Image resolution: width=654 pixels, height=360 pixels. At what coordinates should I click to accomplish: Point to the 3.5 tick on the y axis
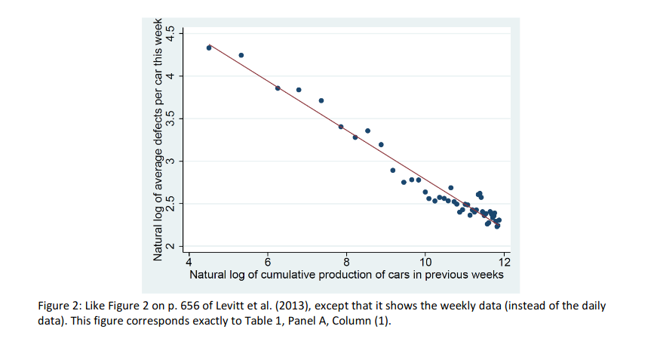pos(170,118)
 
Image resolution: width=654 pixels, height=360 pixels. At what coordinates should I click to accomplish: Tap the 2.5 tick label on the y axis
pos(170,204)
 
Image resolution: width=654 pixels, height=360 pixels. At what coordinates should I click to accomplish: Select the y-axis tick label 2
pos(170,246)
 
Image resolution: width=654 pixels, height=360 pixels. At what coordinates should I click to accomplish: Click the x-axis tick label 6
pos(268,262)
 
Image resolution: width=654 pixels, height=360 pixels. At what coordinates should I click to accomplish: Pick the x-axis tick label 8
pos(346,262)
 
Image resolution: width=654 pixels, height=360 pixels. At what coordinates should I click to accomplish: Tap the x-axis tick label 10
pos(425,262)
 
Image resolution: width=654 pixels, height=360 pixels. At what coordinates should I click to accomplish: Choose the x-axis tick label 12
pos(505,262)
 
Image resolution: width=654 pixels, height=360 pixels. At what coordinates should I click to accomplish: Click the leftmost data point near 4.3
pos(209,48)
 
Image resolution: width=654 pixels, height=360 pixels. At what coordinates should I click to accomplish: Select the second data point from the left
pos(241,55)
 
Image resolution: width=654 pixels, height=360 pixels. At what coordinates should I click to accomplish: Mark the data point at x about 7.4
pos(321,100)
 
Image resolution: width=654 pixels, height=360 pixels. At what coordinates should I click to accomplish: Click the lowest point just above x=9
pos(393,170)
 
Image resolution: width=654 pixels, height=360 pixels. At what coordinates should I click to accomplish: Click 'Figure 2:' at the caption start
pos(60,306)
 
